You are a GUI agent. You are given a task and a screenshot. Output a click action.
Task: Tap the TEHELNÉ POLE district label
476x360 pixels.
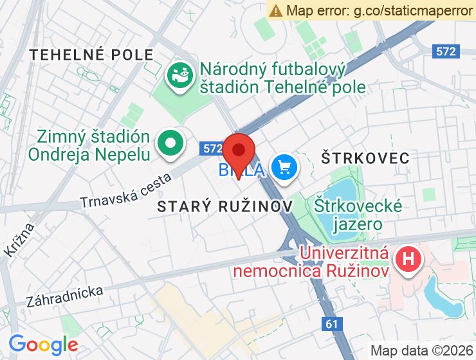click(92, 55)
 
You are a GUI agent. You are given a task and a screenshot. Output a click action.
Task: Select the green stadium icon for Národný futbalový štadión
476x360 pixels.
click(180, 76)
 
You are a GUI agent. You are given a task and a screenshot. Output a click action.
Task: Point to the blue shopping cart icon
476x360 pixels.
click(284, 168)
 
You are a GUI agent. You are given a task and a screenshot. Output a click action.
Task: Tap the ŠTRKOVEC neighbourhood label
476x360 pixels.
click(366, 157)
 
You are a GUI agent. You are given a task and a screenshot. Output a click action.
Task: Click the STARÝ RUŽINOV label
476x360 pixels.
click(225, 206)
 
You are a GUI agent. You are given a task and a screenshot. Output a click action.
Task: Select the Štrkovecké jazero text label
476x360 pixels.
click(358, 215)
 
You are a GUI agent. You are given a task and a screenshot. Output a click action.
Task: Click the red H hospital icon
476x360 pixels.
click(408, 260)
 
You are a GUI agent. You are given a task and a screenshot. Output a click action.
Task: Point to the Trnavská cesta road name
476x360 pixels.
click(125, 190)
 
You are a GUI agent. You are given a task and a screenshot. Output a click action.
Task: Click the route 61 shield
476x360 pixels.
click(332, 325)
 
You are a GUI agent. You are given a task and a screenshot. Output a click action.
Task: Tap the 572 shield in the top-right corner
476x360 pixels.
click(445, 51)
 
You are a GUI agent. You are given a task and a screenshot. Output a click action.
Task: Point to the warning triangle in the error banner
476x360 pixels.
click(276, 10)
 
